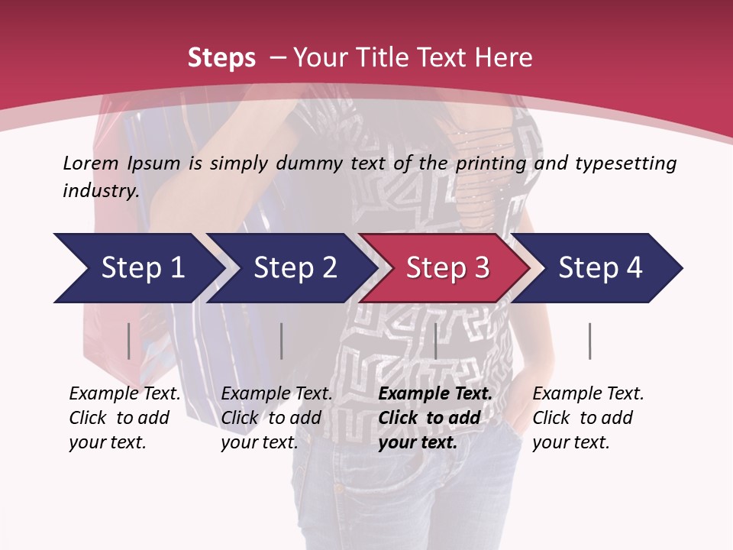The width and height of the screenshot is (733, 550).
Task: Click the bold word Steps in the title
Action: point(221,58)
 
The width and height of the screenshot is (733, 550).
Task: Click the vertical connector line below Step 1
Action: point(129,341)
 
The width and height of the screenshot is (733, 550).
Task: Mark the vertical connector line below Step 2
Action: point(282,341)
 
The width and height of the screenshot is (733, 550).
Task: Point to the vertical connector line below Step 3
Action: point(436,341)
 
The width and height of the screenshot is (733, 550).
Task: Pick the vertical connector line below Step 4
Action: point(590,341)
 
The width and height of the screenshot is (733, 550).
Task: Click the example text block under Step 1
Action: point(124,418)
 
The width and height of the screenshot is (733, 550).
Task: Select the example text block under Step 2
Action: point(276,418)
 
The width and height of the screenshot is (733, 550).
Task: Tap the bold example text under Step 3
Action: point(434,418)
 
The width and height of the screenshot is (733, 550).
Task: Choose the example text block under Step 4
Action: point(587,418)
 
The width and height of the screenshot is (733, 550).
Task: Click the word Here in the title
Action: point(505,58)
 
